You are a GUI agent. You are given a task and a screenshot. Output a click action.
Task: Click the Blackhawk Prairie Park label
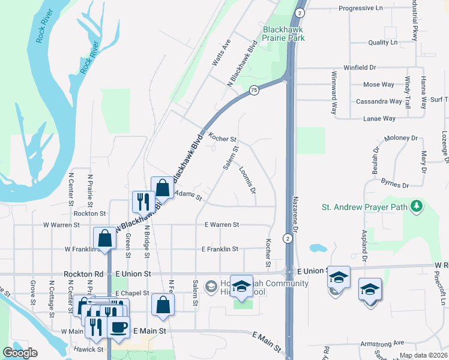pos(283,34)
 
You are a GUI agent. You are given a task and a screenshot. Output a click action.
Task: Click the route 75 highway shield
pos(254,90)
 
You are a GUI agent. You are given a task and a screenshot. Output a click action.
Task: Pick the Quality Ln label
pos(382,43)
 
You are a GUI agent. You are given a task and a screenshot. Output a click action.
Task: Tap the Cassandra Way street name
pos(379,101)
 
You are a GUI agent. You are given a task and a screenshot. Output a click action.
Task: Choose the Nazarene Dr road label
pos(295,214)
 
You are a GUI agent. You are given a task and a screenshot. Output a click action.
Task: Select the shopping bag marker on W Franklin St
pos(104,238)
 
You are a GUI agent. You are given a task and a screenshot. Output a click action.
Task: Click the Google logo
pos(20,352)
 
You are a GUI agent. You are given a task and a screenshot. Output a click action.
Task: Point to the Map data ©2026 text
pos(423,355)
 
